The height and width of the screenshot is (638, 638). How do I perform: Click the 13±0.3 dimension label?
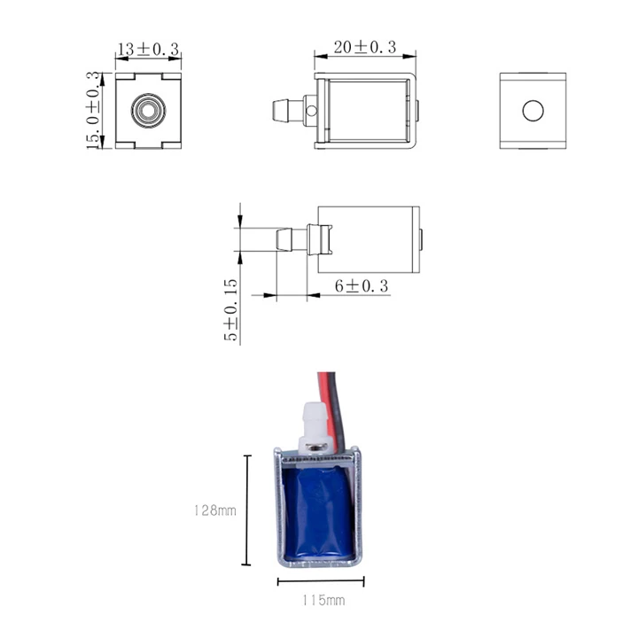coord(148,50)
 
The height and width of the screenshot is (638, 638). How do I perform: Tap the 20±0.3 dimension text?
coord(365,47)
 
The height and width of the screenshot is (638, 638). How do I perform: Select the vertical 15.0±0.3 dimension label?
coord(93,110)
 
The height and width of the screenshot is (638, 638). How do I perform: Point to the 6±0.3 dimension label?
coord(362,286)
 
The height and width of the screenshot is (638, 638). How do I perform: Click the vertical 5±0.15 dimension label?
coord(230,309)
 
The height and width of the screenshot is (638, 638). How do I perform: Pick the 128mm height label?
coord(214,510)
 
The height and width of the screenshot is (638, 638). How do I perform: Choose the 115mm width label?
coord(323,600)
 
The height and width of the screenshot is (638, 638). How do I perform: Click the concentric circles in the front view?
coord(148,110)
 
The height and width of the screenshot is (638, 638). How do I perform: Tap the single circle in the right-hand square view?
coord(533,111)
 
